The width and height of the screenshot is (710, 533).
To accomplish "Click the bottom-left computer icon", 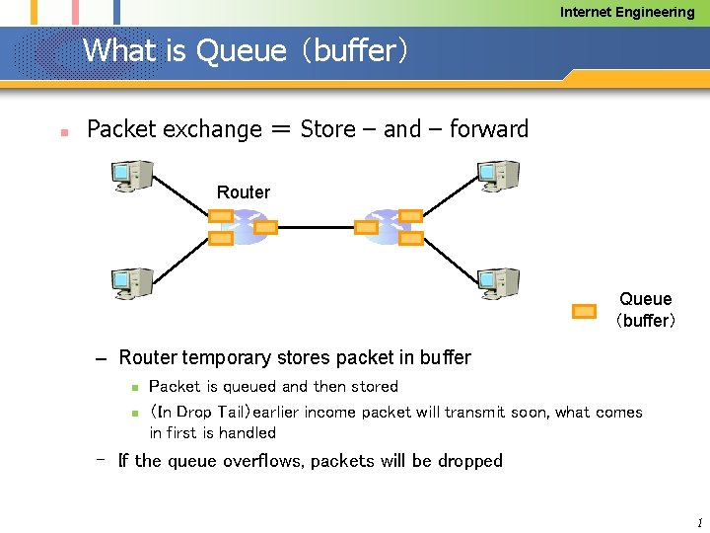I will (x=131, y=283).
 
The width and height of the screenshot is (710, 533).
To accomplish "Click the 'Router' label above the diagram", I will (x=243, y=192).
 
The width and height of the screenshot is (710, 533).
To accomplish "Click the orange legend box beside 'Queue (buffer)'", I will (x=585, y=312).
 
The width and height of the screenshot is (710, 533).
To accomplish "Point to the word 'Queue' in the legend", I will (x=645, y=299).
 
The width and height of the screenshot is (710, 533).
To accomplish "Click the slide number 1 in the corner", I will (x=698, y=522).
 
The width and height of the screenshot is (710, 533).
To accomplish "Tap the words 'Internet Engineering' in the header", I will (x=627, y=12).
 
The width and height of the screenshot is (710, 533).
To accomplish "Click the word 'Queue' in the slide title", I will (x=242, y=50).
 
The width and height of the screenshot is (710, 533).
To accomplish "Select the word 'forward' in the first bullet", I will (x=489, y=129).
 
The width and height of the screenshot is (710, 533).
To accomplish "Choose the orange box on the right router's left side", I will (x=366, y=227).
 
